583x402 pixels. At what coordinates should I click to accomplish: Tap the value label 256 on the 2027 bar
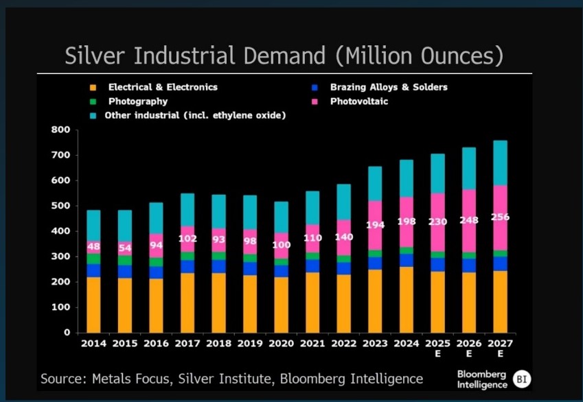(500, 217)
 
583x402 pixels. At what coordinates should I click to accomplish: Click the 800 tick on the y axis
(61, 130)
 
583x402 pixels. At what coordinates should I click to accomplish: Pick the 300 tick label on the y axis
(61, 257)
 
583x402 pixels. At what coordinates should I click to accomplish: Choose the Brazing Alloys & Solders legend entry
(388, 87)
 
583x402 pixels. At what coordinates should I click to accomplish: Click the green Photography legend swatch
(91, 102)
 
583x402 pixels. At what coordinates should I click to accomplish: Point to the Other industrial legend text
(195, 115)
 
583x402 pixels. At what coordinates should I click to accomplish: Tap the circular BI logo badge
(523, 379)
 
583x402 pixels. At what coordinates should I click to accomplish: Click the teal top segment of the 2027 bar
(500, 163)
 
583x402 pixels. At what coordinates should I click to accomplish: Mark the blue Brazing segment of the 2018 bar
(218, 266)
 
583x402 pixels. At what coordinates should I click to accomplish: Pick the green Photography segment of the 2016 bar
(156, 262)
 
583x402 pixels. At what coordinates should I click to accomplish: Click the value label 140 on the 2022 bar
(343, 237)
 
